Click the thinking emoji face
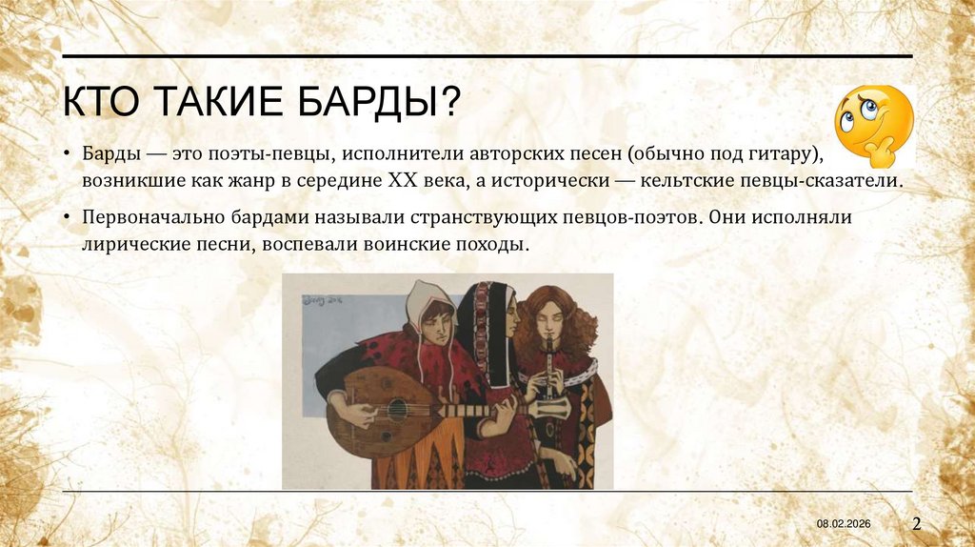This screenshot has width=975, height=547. click(872, 123)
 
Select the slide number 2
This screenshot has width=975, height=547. click(917, 523)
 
